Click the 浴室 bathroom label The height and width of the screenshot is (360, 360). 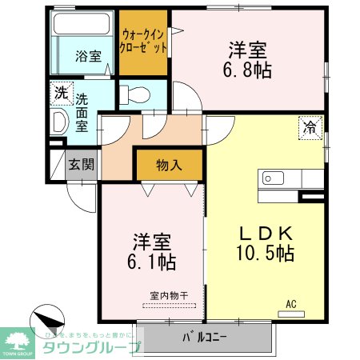(88, 56)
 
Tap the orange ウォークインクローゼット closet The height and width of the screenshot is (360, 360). (144, 42)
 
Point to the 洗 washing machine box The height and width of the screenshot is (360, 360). (62, 92)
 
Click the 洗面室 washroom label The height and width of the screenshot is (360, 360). (82, 113)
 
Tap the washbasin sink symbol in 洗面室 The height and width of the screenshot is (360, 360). (58, 122)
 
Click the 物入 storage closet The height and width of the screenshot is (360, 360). (169, 166)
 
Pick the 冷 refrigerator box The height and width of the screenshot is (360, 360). (310, 126)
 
